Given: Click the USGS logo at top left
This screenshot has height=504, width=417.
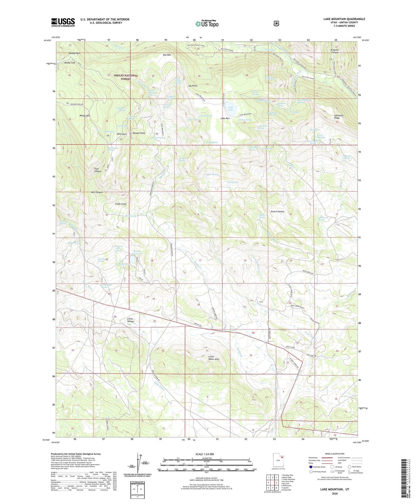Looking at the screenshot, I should pyautogui.click(x=63, y=22).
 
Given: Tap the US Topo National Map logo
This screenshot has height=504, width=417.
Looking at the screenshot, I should pyautogui.click(x=207, y=23).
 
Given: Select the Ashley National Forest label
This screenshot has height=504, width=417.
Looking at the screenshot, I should pyautogui.click(x=126, y=77).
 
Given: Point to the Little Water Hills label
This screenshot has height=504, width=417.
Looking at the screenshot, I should pyautogui.click(x=214, y=358).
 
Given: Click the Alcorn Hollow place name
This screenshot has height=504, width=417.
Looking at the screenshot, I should pyautogui.click(x=277, y=212).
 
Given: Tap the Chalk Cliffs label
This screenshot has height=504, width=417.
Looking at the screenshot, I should pyautogui.click(x=121, y=204).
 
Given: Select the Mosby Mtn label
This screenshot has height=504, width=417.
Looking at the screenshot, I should pyautogui.click(x=85, y=116).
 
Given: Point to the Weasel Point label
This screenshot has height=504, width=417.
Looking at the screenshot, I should pyautogui.click(x=139, y=133).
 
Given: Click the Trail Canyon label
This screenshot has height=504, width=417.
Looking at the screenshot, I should pyautogui.click(x=98, y=170).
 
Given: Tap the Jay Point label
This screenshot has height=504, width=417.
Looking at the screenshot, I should pyautogui.click(x=193, y=86).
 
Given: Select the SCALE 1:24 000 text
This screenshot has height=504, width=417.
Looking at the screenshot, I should pyautogui.click(x=205, y=454).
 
